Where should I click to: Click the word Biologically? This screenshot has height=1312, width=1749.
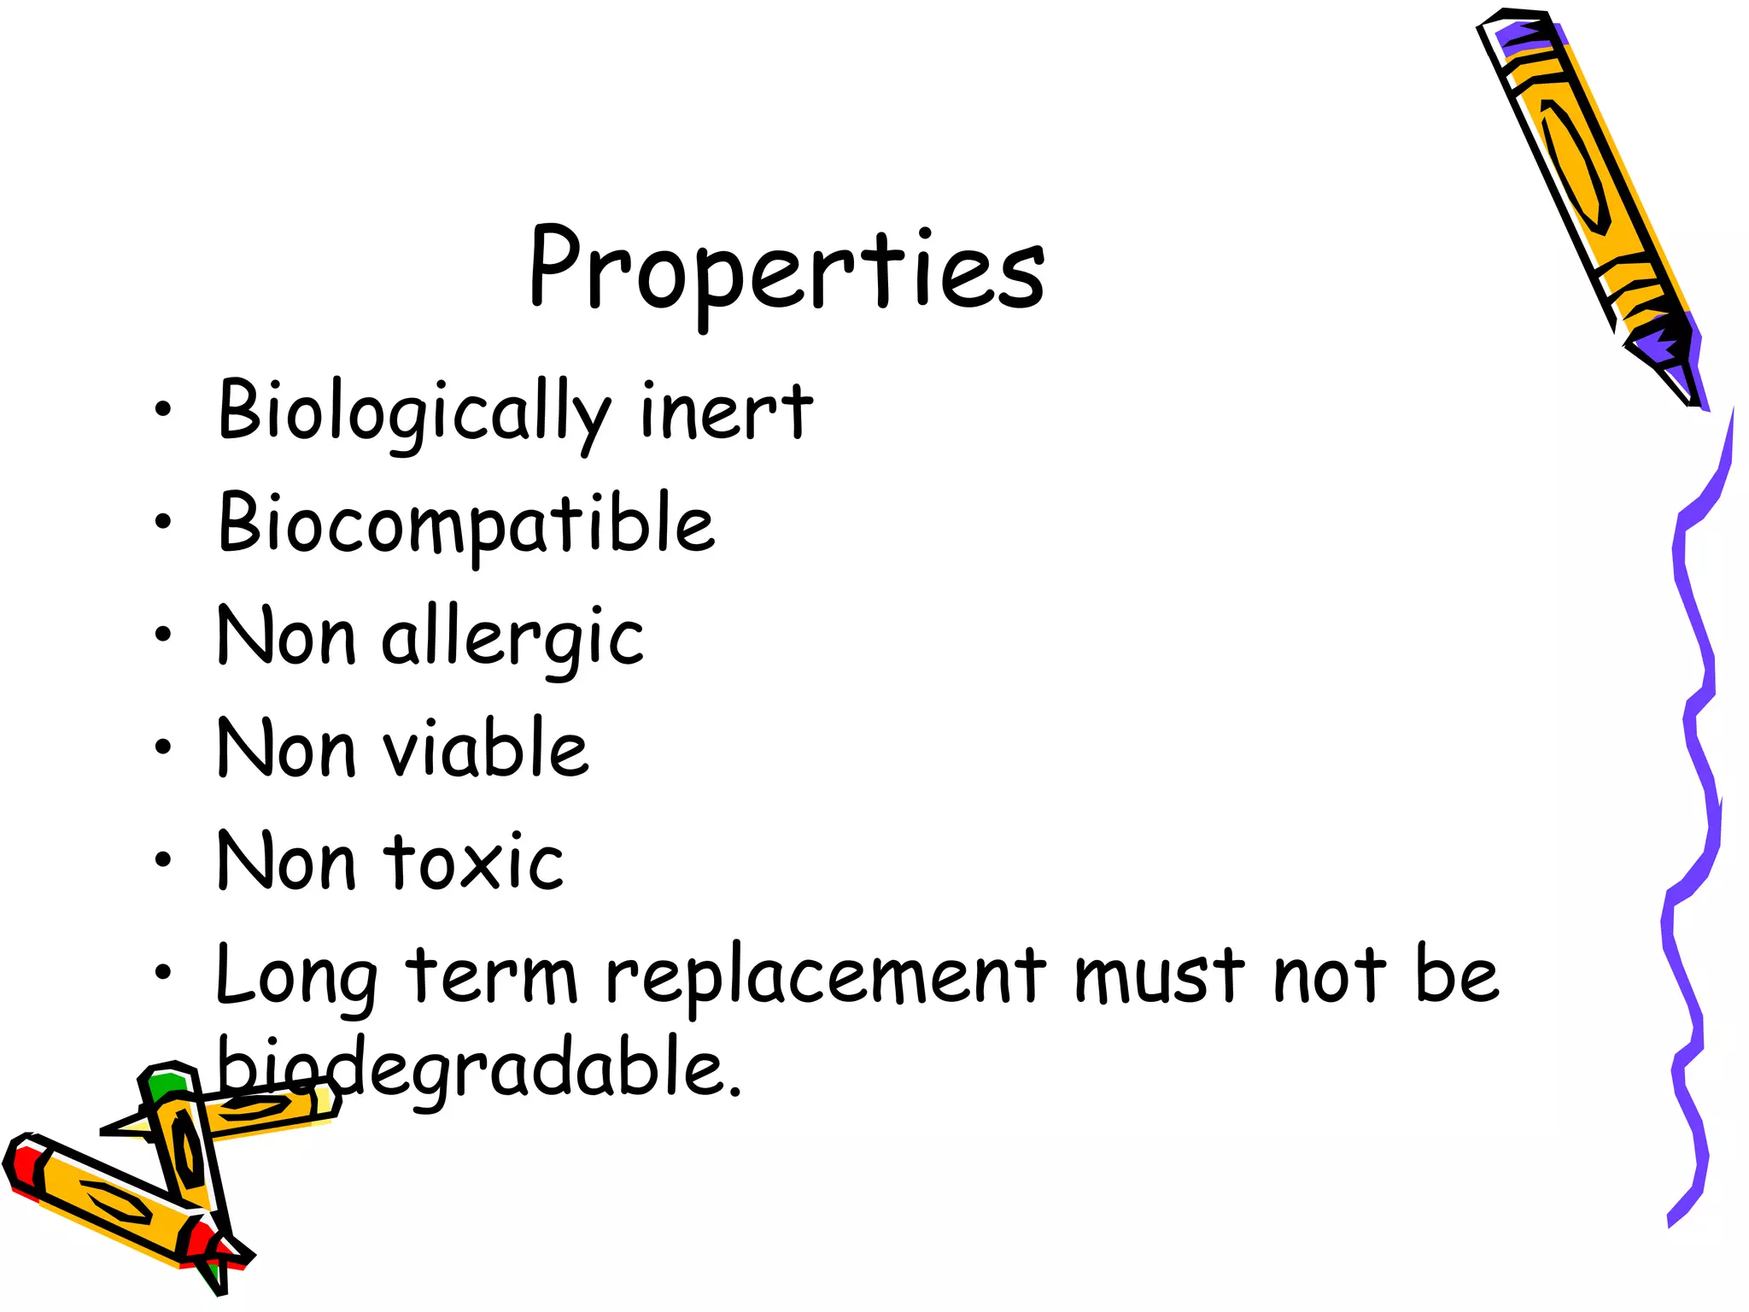click(414, 413)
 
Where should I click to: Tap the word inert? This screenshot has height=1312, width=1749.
click(726, 413)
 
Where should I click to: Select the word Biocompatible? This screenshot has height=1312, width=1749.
click(466, 524)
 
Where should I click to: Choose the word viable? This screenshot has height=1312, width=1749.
click(485, 749)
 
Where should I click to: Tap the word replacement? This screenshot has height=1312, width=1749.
click(826, 976)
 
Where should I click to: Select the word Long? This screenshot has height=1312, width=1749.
click(295, 976)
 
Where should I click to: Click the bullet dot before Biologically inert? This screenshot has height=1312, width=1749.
click(163, 410)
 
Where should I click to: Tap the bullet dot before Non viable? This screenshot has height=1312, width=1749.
click(163, 747)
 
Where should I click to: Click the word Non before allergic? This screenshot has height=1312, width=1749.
click(285, 636)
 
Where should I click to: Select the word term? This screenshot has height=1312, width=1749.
click(492, 976)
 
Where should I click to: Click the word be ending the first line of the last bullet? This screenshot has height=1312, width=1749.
click(1456, 976)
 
